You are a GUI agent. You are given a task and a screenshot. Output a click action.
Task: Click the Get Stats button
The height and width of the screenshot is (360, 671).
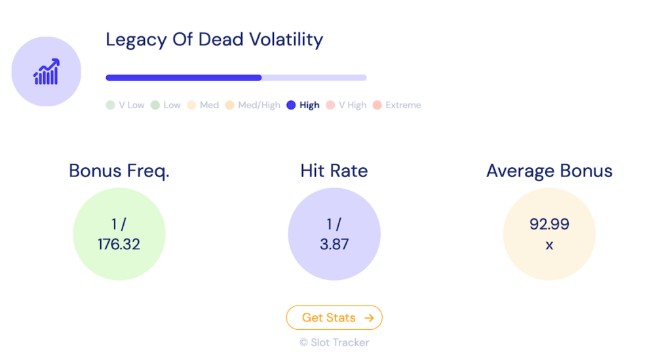pyautogui.click(x=334, y=317)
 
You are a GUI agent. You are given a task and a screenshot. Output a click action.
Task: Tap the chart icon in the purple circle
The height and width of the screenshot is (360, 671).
pyautogui.click(x=47, y=71)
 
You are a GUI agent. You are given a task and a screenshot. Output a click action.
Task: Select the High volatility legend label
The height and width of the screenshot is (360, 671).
pyautogui.click(x=309, y=105)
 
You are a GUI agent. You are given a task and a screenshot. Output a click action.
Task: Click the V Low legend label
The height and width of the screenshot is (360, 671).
pyautogui.click(x=132, y=105)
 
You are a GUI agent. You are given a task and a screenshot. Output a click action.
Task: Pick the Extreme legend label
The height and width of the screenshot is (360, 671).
pyautogui.click(x=403, y=105)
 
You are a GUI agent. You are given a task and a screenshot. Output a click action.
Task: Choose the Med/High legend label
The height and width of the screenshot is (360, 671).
pyautogui.click(x=259, y=105)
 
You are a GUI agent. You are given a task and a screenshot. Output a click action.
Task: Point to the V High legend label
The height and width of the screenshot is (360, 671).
pyautogui.click(x=353, y=105)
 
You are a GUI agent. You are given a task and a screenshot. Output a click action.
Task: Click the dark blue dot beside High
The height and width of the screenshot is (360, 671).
pyautogui.click(x=291, y=105)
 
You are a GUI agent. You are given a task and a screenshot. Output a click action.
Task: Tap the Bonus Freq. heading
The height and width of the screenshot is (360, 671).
pyautogui.click(x=119, y=171)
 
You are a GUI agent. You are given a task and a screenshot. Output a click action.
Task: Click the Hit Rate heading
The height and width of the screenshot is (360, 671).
pyautogui.click(x=334, y=171)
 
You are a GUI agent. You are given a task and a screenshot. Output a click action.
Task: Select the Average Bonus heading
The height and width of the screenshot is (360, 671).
pyautogui.click(x=549, y=171)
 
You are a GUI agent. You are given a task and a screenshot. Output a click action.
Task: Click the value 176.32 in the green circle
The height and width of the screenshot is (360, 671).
pyautogui.click(x=119, y=245)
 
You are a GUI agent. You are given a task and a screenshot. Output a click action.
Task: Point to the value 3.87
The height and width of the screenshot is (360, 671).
pyautogui.click(x=334, y=245)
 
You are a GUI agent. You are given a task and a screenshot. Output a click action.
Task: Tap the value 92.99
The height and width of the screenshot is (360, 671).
pyautogui.click(x=549, y=224)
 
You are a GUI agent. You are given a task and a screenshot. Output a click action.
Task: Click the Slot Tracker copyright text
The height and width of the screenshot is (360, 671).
pyautogui.click(x=334, y=342)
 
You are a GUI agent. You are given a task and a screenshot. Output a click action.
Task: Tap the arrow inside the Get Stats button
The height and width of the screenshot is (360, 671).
pyautogui.click(x=369, y=317)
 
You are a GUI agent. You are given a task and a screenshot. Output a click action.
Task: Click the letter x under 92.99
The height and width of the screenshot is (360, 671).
pyautogui.click(x=549, y=245)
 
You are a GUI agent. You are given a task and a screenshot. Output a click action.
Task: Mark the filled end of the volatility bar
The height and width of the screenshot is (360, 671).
pyautogui.click(x=260, y=77)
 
